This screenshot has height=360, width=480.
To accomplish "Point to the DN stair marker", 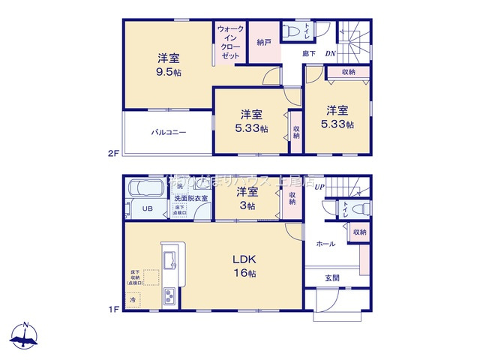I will (329, 53).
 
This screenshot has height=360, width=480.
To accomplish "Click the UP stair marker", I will (319, 187).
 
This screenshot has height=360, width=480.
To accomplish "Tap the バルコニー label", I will (168, 132).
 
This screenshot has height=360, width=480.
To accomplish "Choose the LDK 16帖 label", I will (248, 266).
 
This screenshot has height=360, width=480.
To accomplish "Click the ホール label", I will (325, 244).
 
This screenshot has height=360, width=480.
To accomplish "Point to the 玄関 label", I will (331, 278).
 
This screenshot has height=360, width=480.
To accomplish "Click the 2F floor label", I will (112, 154).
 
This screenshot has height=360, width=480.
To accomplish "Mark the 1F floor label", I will (112, 307).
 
